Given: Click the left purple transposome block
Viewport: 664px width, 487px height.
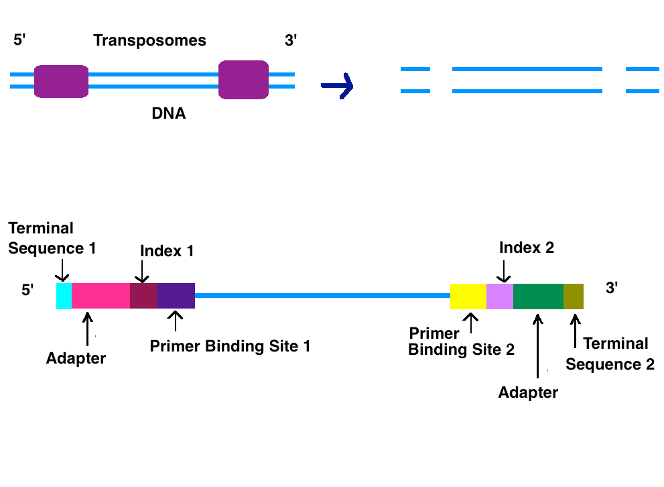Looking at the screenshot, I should [x=62, y=82].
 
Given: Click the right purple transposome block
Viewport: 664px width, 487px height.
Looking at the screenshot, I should [x=244, y=80].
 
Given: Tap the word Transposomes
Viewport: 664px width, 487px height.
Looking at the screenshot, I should [x=150, y=40].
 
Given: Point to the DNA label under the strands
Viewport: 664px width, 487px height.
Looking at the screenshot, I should [x=169, y=114].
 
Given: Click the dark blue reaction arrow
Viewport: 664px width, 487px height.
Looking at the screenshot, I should [x=337, y=85].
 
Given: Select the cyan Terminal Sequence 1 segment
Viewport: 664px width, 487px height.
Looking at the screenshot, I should [x=64, y=296].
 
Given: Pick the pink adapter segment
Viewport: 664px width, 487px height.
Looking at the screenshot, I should [x=101, y=296].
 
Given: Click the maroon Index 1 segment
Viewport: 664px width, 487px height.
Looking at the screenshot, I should [x=143, y=296].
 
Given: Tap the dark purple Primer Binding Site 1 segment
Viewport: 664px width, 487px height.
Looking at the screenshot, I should [x=176, y=296].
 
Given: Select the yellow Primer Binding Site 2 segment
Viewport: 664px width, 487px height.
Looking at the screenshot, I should [x=468, y=296].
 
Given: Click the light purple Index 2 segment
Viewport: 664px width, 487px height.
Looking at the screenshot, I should [x=500, y=296].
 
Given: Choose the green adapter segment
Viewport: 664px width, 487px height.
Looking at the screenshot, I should [x=538, y=296].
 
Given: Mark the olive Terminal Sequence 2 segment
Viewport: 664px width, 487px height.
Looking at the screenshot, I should [x=574, y=296].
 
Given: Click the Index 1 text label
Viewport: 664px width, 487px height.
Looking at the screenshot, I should [x=167, y=251].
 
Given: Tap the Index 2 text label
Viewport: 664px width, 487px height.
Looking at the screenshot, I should [x=527, y=248].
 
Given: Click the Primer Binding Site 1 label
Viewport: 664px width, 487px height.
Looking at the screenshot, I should [x=230, y=346].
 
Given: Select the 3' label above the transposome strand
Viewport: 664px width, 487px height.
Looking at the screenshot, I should [x=291, y=40].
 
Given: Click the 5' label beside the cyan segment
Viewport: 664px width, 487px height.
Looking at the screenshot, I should [x=27, y=290].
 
